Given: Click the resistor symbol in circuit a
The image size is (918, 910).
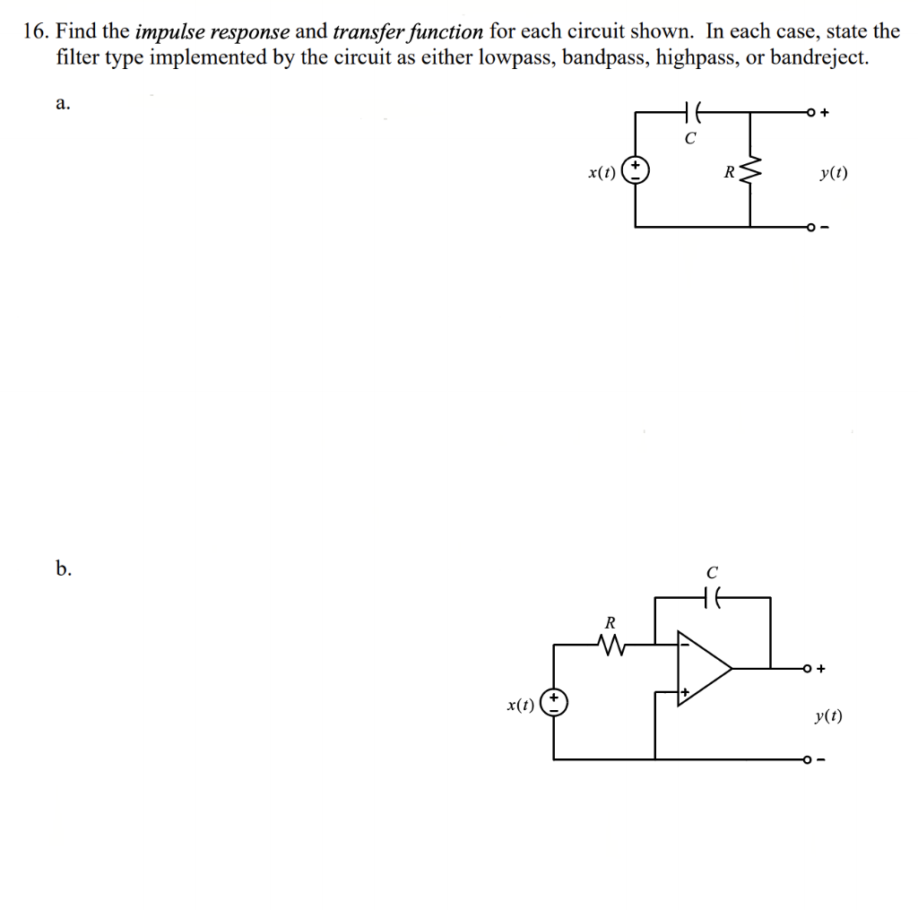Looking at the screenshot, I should click(x=751, y=169).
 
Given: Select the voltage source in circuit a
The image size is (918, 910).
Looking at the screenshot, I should click(x=636, y=169).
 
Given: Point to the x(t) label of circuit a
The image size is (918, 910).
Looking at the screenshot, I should click(x=602, y=170).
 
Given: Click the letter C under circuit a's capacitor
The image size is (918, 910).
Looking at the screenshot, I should click(x=689, y=139).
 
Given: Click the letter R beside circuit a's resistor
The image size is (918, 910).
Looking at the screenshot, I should click(x=729, y=170).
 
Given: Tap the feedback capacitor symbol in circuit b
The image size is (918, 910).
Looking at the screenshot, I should click(x=713, y=595).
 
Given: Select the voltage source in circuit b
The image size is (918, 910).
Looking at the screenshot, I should click(x=555, y=702).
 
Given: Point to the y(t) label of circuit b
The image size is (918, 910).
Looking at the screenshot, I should click(x=829, y=715).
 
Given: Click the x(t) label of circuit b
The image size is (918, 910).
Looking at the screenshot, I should click(x=521, y=704).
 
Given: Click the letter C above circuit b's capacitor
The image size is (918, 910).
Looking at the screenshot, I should click(x=712, y=571).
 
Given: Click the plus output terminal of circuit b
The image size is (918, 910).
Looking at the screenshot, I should click(x=810, y=668).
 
